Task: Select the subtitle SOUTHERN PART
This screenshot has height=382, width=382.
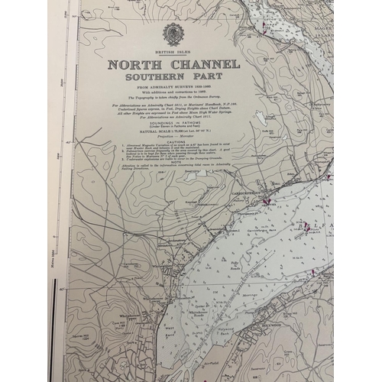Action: [173, 78]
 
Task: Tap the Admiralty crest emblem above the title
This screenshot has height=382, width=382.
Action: [173, 34]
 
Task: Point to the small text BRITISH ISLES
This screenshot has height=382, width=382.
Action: [173, 52]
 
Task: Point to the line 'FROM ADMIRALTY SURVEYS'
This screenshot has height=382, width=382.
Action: [173, 88]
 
